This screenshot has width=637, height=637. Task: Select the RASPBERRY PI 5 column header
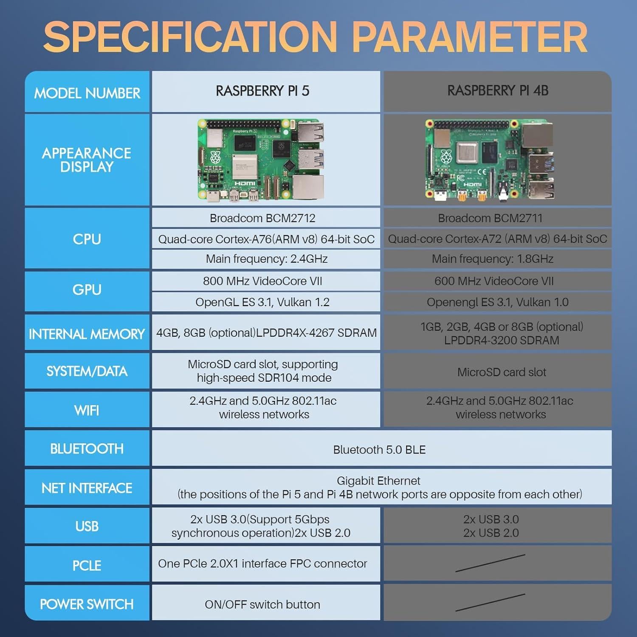262,91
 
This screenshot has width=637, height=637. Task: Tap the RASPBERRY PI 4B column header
498,91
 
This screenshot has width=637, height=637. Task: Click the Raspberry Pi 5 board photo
261,160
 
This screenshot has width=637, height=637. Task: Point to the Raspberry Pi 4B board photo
490,160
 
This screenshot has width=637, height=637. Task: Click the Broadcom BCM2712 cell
262,218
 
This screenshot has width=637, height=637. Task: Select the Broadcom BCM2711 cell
490,218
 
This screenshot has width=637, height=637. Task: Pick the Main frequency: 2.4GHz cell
266,259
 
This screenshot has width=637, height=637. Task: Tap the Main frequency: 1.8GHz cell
492,259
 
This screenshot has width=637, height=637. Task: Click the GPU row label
87,290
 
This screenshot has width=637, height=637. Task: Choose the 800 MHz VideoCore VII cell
262,281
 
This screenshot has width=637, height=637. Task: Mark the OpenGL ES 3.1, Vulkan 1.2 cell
262,302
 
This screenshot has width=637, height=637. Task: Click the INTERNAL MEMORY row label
87,334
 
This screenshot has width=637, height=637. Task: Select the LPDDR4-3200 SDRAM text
501,341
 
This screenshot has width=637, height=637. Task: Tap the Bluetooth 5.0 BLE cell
379,450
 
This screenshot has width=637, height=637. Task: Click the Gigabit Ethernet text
378,481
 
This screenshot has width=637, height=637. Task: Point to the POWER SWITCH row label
87,604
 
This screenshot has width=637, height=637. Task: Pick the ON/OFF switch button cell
262,604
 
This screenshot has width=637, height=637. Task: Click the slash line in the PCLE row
490,563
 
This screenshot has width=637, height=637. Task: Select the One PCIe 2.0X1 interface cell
262,564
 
